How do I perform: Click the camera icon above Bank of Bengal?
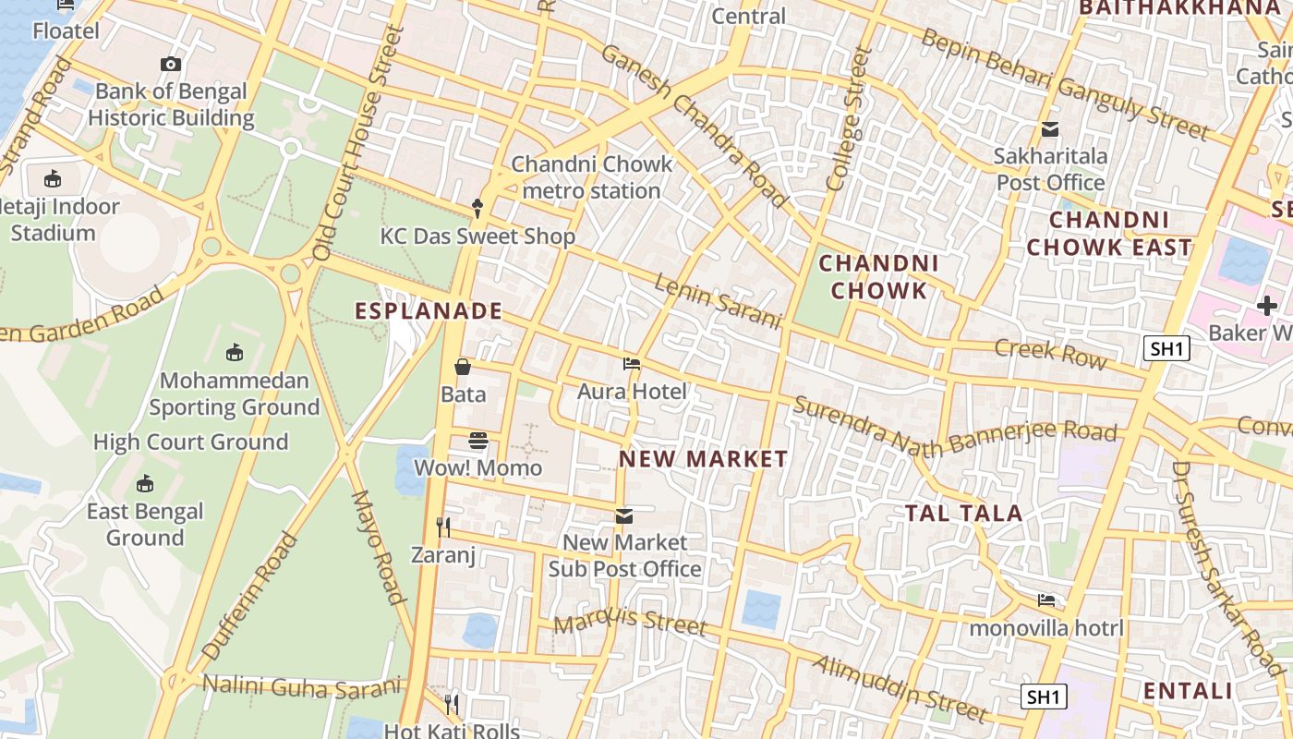(171, 64)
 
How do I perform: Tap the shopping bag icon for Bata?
(463, 368)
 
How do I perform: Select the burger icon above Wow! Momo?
(477, 441)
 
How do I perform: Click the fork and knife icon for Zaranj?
(443, 527)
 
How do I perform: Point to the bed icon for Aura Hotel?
(632, 364)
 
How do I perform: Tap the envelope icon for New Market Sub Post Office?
(624, 515)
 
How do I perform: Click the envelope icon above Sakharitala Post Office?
(1050, 129)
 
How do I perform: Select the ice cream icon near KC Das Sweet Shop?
(477, 209)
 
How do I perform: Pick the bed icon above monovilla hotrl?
(1046, 600)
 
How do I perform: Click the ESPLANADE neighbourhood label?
(429, 311)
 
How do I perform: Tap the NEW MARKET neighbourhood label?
(704, 459)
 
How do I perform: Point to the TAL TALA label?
(963, 514)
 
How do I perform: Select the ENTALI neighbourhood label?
(1188, 691)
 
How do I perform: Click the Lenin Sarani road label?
(718, 300)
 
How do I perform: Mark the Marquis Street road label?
(630, 621)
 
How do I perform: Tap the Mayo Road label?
(380, 547)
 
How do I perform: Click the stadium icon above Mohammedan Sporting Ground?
(234, 353)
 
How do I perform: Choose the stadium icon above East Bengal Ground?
(145, 484)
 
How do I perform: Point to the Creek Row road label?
(1050, 353)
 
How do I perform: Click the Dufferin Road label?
(250, 596)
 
